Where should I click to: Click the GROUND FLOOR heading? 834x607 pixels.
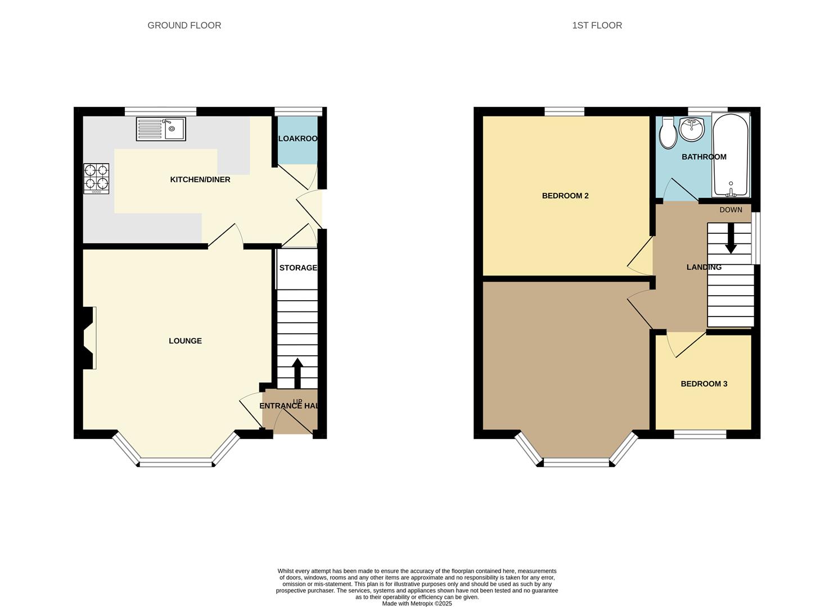point(184,25)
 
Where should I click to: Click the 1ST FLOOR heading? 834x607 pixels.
point(597,25)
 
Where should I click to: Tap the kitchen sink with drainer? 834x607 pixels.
point(161,129)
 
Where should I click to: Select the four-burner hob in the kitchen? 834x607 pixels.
point(96,178)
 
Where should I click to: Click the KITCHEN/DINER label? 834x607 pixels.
point(200,179)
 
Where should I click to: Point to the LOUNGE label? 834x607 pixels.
point(185,341)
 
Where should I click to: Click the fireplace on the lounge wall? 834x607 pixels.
point(89,338)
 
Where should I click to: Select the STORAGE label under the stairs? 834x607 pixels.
point(298,268)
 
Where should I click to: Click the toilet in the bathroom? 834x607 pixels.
point(668,132)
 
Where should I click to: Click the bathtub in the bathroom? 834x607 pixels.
point(731,155)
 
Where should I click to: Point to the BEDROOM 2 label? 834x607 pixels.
point(565,196)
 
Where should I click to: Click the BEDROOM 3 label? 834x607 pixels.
point(704,384)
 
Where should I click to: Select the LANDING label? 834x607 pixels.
point(704,267)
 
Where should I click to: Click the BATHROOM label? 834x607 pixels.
point(704,157)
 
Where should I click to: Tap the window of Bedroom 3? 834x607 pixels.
point(700,434)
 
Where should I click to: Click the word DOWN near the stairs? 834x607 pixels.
point(731,210)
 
